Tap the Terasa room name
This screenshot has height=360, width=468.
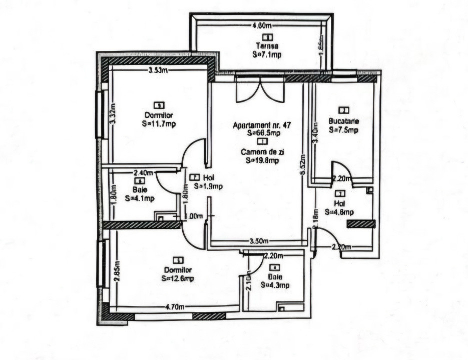(268, 45)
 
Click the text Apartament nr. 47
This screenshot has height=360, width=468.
(262, 125)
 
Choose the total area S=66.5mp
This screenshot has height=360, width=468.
(263, 133)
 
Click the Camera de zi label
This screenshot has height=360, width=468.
(262, 152)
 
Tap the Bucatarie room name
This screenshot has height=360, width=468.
(343, 121)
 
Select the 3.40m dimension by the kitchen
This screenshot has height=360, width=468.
(315, 133)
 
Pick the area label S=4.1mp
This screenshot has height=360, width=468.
(140, 198)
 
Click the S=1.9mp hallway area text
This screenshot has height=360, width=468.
(208, 186)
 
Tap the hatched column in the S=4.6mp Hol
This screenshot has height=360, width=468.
(361, 224)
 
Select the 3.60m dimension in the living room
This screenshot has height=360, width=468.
(259, 242)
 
